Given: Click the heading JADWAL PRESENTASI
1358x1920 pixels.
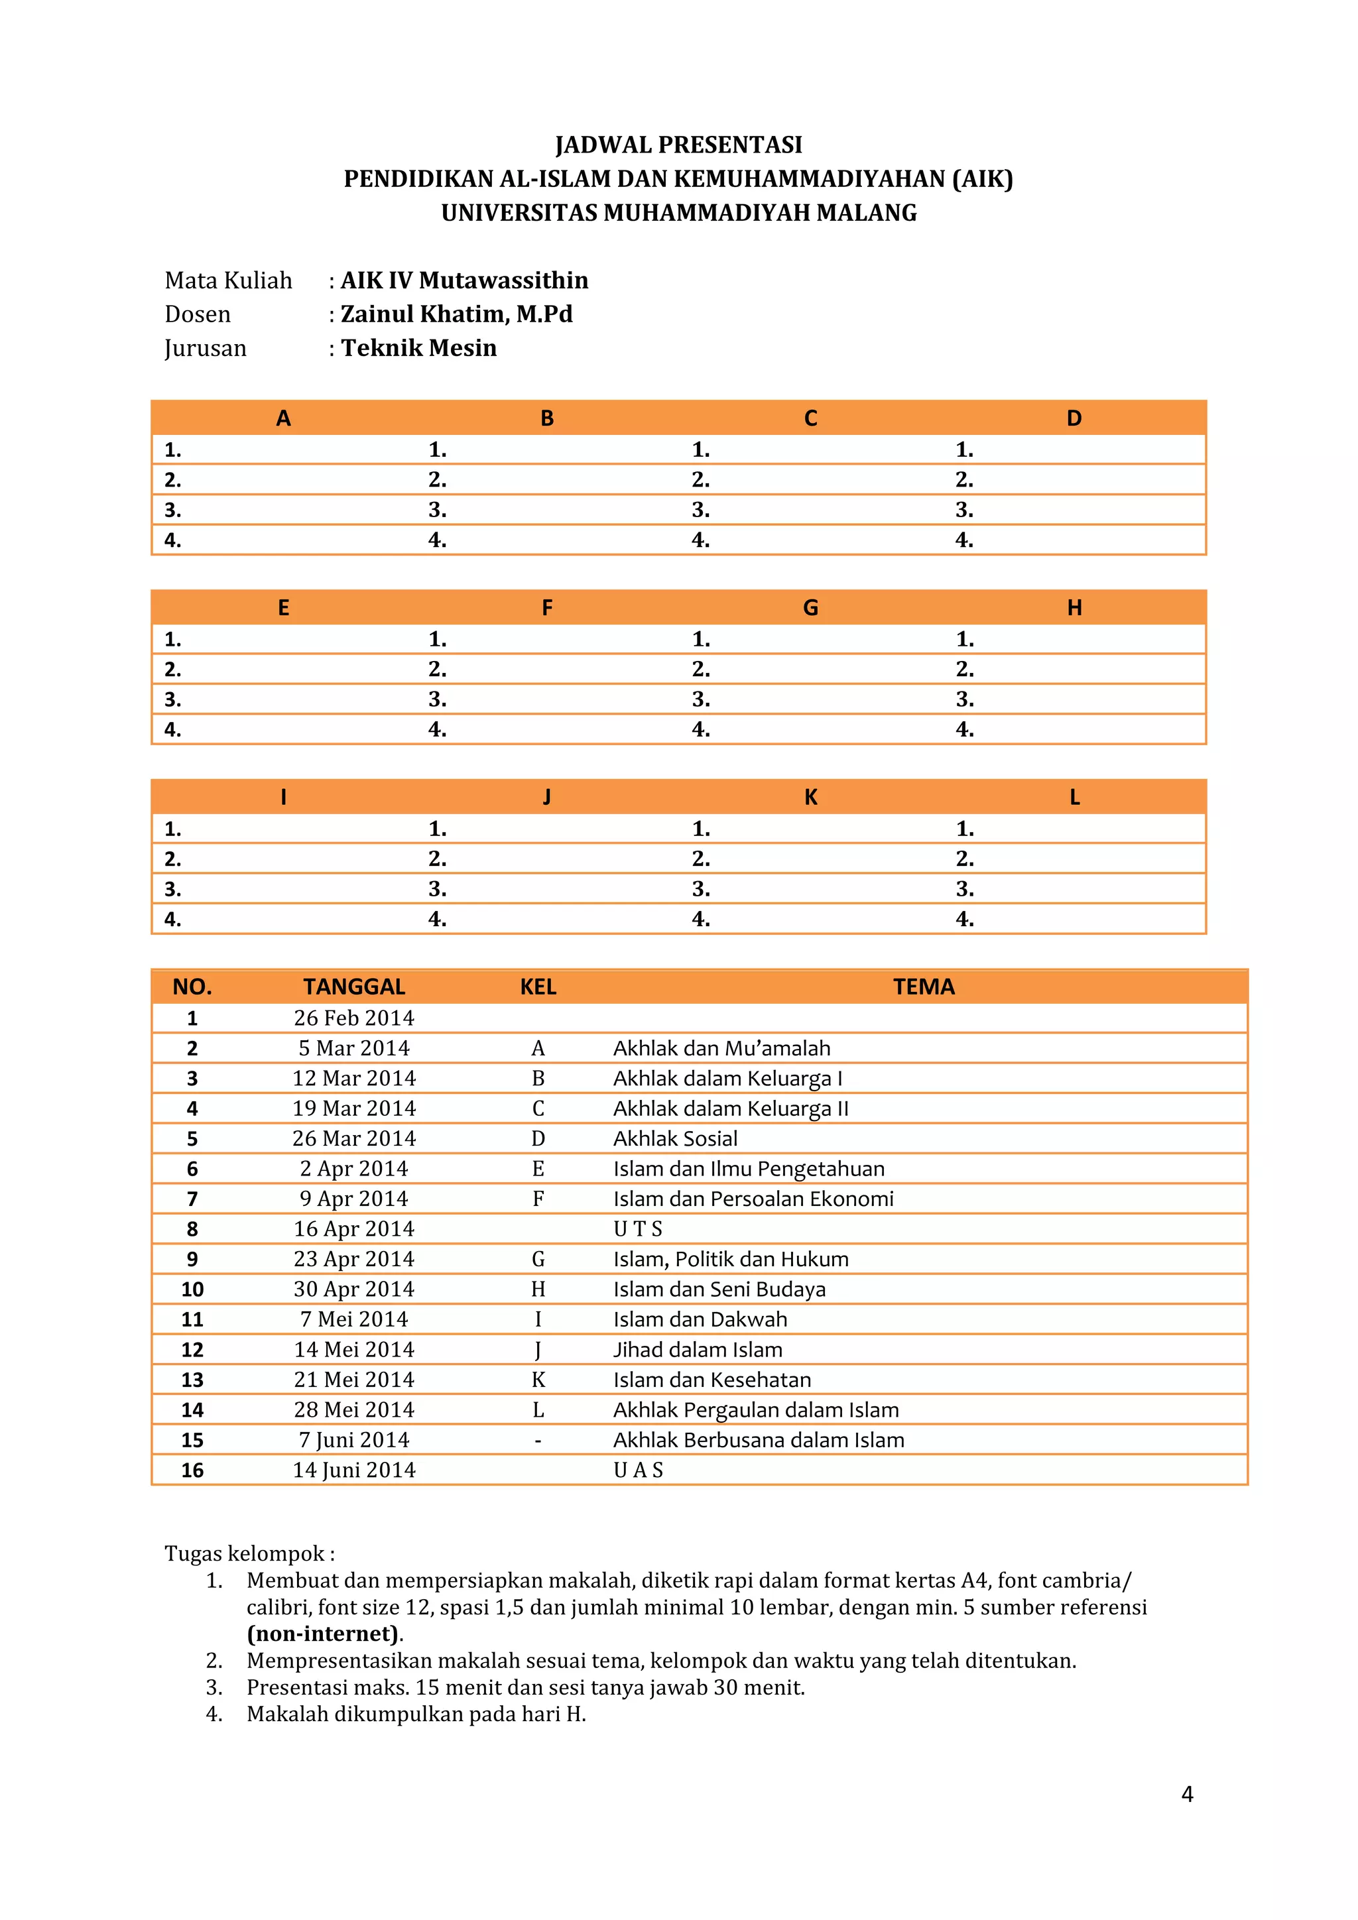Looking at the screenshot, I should [x=678, y=145].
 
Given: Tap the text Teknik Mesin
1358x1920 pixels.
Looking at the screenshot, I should [x=418, y=348].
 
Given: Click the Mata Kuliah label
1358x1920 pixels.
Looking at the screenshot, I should [x=228, y=280].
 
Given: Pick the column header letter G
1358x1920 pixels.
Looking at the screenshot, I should [x=810, y=608].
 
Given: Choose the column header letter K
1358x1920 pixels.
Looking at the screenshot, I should [x=810, y=798].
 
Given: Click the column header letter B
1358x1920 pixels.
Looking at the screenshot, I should [x=547, y=418].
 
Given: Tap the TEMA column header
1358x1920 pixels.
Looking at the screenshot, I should [x=923, y=987].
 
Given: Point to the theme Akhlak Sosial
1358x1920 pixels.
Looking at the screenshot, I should [x=675, y=1138].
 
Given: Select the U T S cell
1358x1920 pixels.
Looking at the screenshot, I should [x=637, y=1229].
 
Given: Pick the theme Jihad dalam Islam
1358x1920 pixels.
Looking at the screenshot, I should [x=698, y=1350].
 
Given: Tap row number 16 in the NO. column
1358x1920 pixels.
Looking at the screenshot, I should [x=192, y=1470].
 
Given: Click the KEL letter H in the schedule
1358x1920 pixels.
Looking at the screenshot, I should [x=538, y=1290].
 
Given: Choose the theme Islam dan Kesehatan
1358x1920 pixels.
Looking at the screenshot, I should [x=711, y=1380].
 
